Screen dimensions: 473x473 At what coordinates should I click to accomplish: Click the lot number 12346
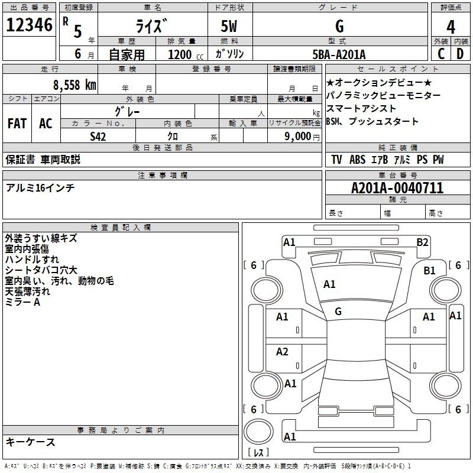click(29, 25)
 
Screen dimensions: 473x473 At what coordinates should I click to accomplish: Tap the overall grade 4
click(451, 27)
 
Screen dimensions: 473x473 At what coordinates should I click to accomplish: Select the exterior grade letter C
click(441, 54)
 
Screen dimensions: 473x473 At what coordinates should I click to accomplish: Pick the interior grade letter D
click(460, 54)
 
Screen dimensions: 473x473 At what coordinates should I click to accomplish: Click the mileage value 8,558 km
click(74, 85)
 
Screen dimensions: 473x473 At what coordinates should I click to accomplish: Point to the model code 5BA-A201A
click(339, 54)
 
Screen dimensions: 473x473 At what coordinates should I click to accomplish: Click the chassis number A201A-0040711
click(397, 188)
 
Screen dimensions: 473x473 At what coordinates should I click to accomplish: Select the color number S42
click(98, 137)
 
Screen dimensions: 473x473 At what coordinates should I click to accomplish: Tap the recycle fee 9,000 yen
click(302, 137)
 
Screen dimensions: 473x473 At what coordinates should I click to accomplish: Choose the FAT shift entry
click(17, 124)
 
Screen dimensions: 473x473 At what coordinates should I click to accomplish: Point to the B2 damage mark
click(422, 242)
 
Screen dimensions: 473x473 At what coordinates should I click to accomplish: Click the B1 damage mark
click(429, 270)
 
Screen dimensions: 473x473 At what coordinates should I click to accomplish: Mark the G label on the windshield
click(338, 312)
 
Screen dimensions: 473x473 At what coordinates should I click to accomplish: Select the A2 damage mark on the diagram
click(282, 352)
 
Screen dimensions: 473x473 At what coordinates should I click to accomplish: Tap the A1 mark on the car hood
click(329, 284)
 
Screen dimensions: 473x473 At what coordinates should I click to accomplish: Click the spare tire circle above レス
click(258, 431)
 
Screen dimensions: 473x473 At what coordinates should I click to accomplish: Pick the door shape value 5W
click(229, 26)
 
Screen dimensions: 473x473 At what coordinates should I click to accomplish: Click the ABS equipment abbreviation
click(357, 160)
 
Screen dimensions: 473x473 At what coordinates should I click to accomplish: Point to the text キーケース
click(31, 442)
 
